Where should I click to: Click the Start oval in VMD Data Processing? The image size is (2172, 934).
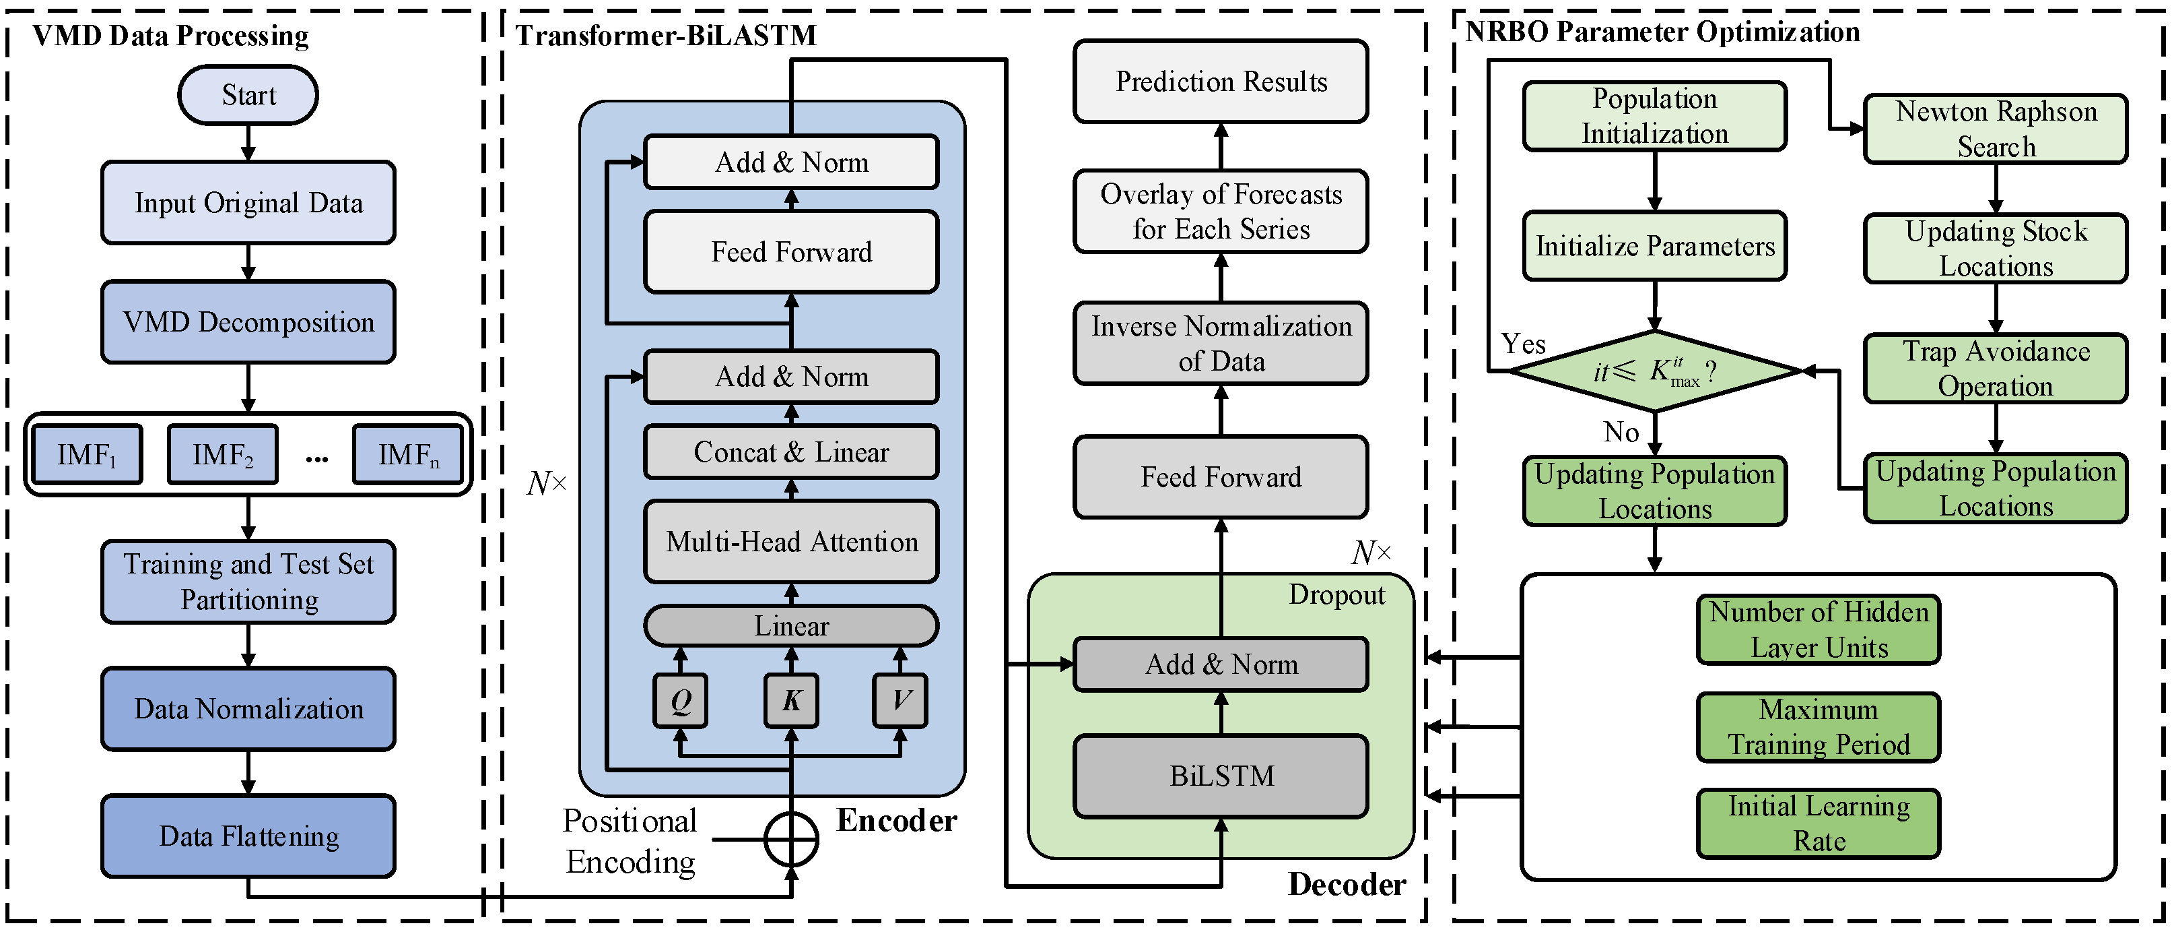pos(248,95)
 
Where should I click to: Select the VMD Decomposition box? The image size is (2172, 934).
pos(248,322)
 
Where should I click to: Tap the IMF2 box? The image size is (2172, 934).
pos(223,455)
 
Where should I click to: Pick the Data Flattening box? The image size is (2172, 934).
pos(248,836)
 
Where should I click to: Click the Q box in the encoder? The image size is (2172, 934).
pos(681,700)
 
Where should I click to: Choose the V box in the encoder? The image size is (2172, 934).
pos(900,700)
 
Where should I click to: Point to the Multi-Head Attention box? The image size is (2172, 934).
pos(791,542)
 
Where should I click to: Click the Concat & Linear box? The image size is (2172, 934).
pos(791,452)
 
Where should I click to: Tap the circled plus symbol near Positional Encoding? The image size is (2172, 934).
pos(791,840)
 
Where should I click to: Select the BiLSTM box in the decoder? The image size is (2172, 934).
pos(1221,776)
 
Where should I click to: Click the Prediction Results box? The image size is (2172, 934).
pos(1221,82)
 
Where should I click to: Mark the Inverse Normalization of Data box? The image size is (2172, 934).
pos(1221,344)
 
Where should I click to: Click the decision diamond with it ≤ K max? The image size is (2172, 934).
pos(1654,371)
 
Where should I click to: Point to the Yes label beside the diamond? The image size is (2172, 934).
pos(1523,344)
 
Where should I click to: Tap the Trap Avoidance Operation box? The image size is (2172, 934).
pos(1995,369)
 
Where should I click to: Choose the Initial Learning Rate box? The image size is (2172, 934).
pos(1818,823)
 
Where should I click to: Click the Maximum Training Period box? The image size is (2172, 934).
pos(1818,727)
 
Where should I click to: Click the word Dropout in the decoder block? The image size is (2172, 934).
pos(1336,595)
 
